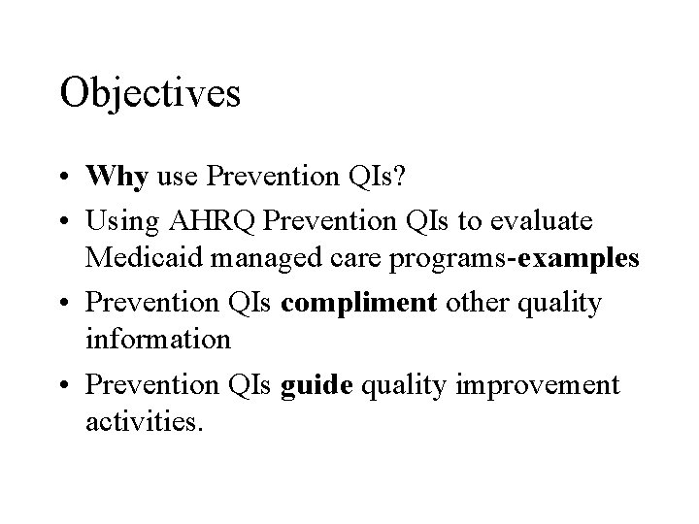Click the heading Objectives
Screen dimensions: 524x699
pyautogui.click(x=150, y=94)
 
